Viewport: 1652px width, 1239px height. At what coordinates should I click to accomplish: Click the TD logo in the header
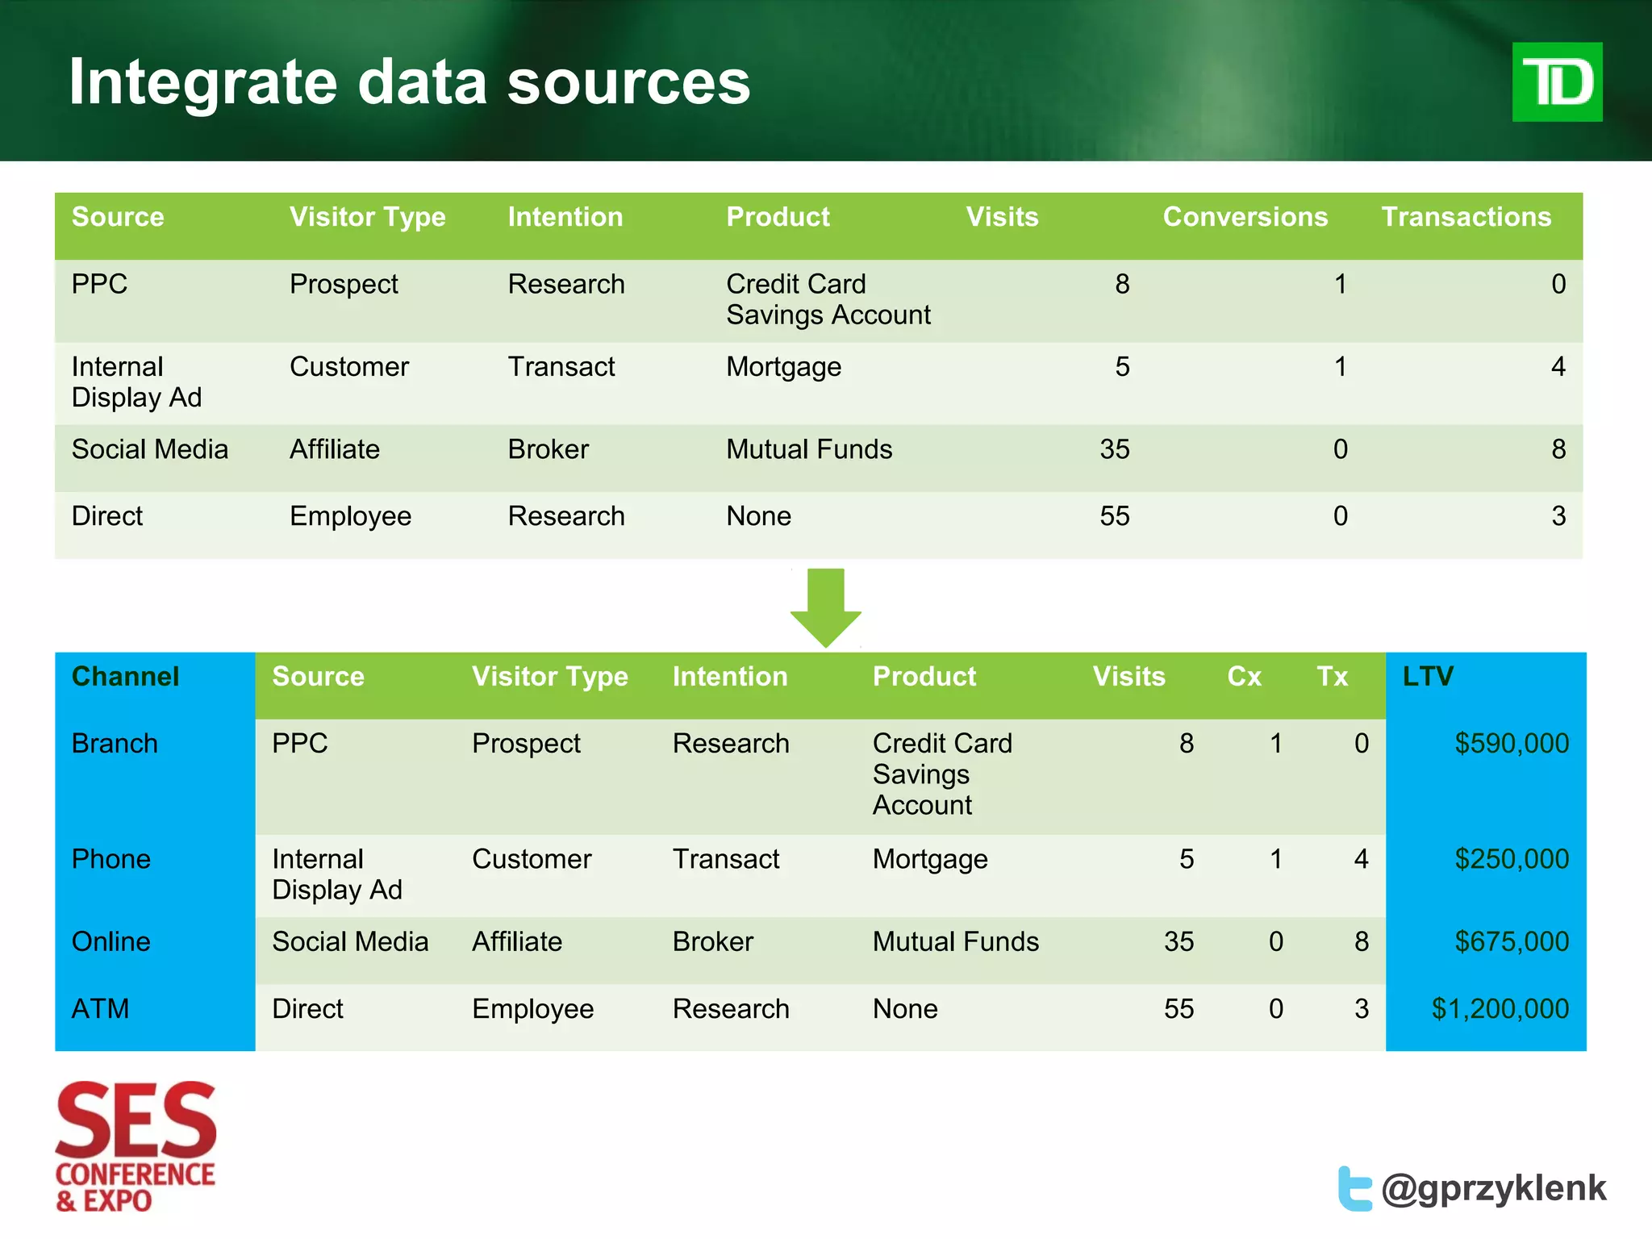point(1556,82)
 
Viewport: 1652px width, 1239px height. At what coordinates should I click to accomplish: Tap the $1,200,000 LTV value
point(1500,1008)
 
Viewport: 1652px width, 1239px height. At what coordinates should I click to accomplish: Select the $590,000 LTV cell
point(1511,743)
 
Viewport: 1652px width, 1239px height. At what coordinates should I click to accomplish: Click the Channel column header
point(125,676)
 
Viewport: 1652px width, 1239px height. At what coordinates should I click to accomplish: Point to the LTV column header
point(1427,676)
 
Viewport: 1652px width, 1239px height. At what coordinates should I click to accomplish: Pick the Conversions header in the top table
point(1245,216)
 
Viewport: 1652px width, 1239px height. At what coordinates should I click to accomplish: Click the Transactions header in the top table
point(1466,216)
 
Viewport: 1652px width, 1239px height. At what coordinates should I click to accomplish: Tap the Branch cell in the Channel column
point(115,743)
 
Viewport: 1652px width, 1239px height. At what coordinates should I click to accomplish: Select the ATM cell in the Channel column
point(100,1008)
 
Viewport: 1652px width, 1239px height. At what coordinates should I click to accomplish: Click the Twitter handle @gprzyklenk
point(1493,1188)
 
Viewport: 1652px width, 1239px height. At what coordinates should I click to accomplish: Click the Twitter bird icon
point(1354,1188)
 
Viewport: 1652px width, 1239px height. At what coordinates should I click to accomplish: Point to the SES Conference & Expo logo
point(136,1145)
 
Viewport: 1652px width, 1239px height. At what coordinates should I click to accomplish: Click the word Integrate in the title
point(202,82)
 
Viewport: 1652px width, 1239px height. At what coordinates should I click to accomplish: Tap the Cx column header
point(1244,676)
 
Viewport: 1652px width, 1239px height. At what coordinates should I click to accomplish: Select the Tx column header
point(1332,676)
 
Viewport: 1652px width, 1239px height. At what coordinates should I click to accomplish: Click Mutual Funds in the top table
point(809,449)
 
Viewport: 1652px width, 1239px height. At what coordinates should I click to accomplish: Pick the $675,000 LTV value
point(1511,941)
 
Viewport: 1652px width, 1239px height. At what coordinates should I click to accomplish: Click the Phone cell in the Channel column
point(111,859)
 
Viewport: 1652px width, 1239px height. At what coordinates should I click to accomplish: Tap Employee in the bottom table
point(532,1008)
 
